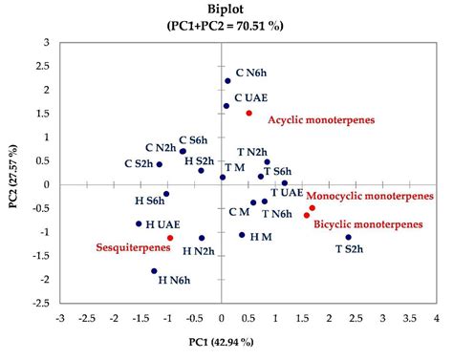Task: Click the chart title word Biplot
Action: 226,9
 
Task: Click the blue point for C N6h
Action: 227,81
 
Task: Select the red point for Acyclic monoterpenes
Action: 249,113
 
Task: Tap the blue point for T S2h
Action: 349,237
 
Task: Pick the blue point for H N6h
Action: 154,271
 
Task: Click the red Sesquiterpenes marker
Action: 170,238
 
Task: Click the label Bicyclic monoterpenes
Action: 369,222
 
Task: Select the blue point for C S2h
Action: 160,164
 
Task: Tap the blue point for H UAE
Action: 140,223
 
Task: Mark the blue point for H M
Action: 242,235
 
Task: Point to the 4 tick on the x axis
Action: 437,317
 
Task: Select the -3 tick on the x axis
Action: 60,317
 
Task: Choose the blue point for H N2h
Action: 202,238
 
